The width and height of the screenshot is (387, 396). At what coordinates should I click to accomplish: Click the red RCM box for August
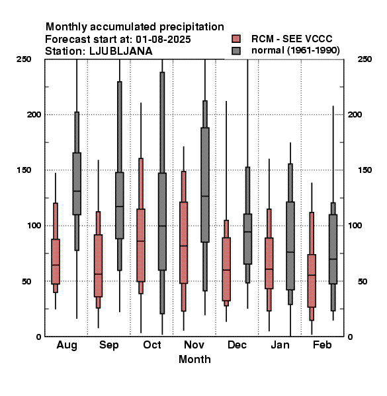tap(56, 261)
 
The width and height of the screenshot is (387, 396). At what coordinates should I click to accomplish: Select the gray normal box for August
tap(77, 183)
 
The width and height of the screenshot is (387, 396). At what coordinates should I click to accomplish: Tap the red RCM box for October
tap(141, 245)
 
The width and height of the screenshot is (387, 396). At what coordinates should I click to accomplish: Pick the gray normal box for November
tap(205, 185)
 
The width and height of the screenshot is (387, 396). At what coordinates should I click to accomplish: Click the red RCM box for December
tap(226, 269)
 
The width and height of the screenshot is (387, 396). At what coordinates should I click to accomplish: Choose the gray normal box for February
tap(333, 249)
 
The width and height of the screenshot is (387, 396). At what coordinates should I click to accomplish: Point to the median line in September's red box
tap(98, 274)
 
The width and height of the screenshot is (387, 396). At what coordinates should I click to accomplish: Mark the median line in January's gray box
tap(290, 252)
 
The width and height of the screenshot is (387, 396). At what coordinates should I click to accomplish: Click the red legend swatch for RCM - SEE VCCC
tap(236, 39)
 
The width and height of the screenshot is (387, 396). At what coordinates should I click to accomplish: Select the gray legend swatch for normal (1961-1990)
tap(236, 51)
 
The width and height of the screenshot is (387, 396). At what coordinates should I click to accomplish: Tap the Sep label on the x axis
tap(109, 345)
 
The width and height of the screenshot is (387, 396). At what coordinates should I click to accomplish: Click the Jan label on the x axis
tap(280, 345)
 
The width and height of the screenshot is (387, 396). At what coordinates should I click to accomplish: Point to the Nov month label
tap(194, 345)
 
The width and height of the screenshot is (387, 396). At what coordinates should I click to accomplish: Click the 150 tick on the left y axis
tap(24, 170)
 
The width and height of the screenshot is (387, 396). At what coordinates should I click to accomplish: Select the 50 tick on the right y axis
tap(363, 281)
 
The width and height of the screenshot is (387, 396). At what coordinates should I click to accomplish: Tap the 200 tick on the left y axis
tap(34, 114)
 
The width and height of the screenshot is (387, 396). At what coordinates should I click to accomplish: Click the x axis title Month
tap(194, 359)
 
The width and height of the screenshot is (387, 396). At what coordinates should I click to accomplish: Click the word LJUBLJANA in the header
tap(121, 51)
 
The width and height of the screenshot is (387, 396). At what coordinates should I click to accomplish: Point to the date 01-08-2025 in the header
tap(163, 40)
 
